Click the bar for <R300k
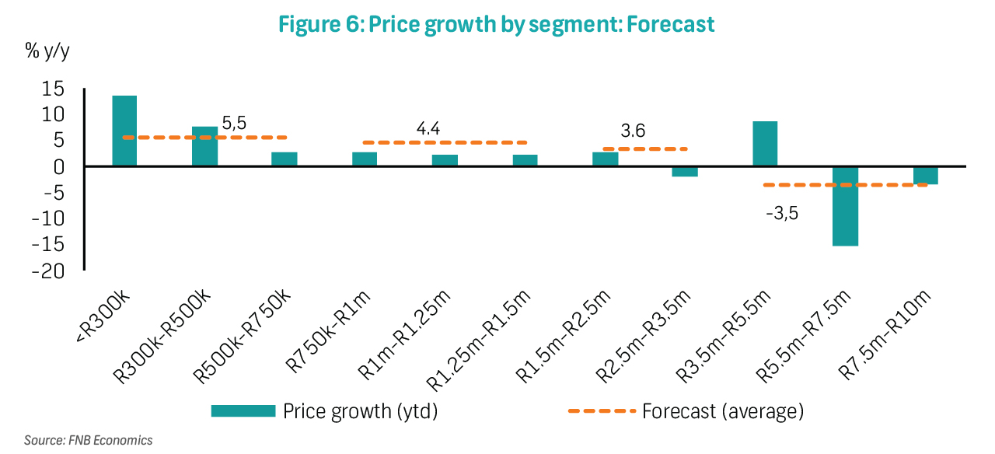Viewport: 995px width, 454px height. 124,131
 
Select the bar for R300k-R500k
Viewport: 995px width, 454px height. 204,146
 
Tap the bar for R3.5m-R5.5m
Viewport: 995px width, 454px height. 765,144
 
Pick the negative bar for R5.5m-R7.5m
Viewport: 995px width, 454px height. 845,206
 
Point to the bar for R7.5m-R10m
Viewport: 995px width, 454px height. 925,176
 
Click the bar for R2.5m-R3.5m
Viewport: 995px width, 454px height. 685,172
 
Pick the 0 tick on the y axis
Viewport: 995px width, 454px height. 58,167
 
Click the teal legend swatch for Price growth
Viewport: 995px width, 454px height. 243,410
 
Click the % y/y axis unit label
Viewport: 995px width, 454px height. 48,51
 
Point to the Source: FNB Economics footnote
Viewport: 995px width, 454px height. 88,440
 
